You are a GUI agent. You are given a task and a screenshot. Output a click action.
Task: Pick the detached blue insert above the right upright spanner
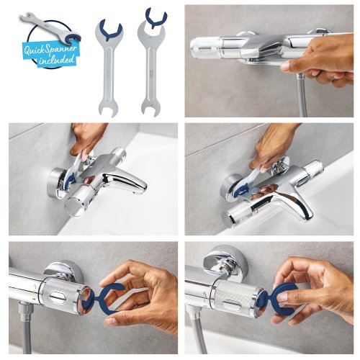[x=156, y=16]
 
